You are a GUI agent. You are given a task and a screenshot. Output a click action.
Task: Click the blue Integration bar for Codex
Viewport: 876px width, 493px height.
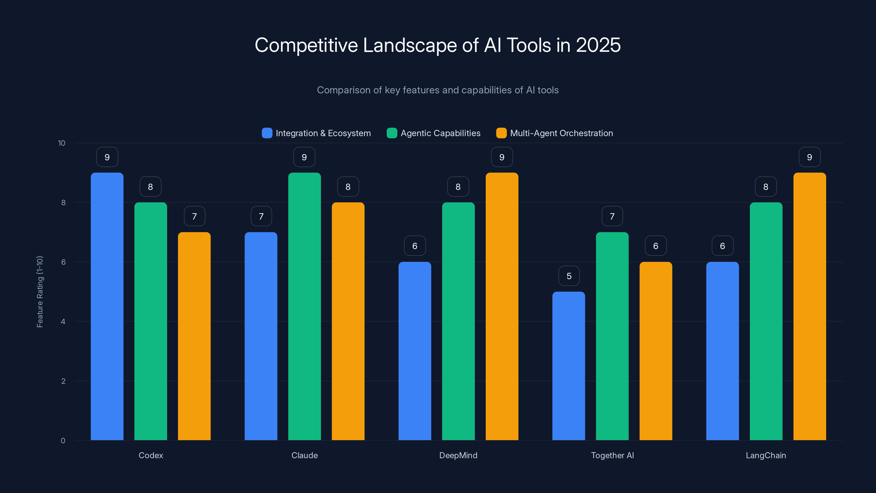pyautogui.click(x=107, y=306)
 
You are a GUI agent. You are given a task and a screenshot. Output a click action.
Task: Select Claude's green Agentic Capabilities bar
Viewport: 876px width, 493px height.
pyautogui.click(x=304, y=306)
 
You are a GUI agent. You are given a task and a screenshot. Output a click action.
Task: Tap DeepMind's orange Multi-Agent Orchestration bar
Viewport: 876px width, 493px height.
pyautogui.click(x=502, y=306)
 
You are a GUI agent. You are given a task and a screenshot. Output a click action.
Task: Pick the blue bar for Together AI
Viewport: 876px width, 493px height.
pyautogui.click(x=569, y=366)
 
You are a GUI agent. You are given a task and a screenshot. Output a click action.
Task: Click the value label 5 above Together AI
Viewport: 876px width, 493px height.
pyautogui.click(x=569, y=276)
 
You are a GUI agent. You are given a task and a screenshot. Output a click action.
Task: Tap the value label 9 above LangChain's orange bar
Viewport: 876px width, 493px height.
pyautogui.click(x=809, y=157)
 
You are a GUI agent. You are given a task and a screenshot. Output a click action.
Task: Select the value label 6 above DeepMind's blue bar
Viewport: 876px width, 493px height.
pyautogui.click(x=414, y=246)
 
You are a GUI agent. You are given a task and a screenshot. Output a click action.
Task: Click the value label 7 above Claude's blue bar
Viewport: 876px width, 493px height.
pyautogui.click(x=261, y=216)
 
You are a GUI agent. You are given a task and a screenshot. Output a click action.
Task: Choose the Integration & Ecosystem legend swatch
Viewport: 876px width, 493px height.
pyautogui.click(x=267, y=133)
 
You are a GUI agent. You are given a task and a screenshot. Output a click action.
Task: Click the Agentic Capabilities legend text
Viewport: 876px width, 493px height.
pyautogui.click(x=440, y=133)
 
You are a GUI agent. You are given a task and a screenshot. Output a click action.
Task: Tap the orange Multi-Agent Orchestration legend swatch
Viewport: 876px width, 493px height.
pyautogui.click(x=501, y=133)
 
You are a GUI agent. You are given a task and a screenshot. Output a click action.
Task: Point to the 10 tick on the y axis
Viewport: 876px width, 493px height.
pyautogui.click(x=62, y=143)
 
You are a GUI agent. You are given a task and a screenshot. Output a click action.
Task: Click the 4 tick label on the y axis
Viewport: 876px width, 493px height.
pyautogui.click(x=63, y=322)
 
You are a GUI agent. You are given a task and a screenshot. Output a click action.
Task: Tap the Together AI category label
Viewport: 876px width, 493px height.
pyautogui.click(x=612, y=455)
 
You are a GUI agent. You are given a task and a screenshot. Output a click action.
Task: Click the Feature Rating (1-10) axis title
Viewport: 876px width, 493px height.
pyautogui.click(x=40, y=292)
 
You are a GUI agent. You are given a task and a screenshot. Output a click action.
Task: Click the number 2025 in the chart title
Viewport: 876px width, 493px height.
pyautogui.click(x=598, y=45)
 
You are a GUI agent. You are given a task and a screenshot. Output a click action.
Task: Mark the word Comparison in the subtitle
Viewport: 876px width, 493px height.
pyautogui.click(x=344, y=90)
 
